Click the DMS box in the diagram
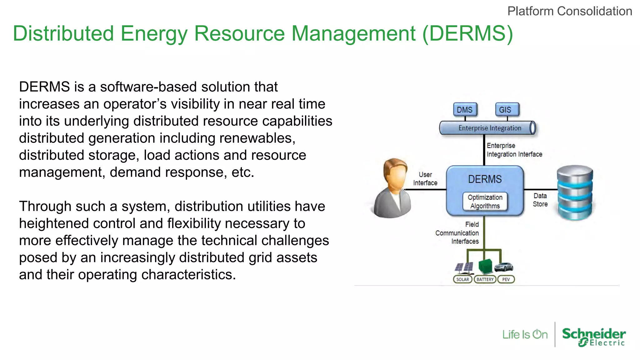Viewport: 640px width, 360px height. (x=465, y=110)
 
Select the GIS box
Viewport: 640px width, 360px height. (x=507, y=110)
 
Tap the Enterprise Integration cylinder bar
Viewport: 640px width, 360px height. (x=487, y=128)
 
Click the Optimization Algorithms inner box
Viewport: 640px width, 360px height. (x=485, y=202)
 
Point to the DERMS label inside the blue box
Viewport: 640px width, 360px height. (x=485, y=179)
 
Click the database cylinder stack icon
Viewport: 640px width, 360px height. (x=575, y=192)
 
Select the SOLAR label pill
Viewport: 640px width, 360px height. (x=462, y=279)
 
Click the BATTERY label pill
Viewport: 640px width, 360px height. (x=485, y=279)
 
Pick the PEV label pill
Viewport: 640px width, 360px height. (x=506, y=279)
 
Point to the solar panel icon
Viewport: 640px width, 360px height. (x=464, y=267)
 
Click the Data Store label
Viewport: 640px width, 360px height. (x=540, y=200)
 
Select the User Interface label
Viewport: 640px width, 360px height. (x=425, y=179)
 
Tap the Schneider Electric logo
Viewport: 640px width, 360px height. (x=594, y=336)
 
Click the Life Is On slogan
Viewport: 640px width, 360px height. (x=525, y=335)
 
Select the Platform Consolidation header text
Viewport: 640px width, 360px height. (x=569, y=11)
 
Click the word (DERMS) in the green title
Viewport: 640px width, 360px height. (x=467, y=33)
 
